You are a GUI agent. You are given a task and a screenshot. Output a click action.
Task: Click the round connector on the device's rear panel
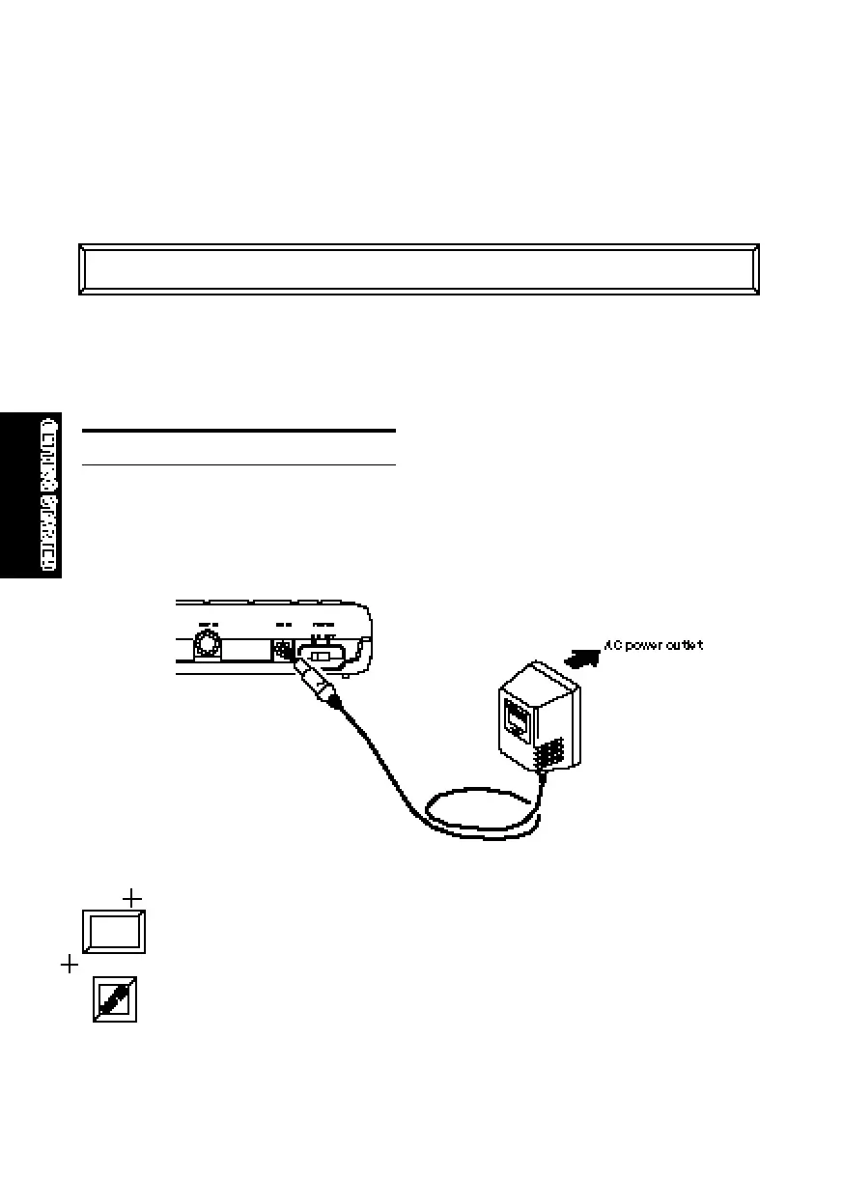(x=206, y=644)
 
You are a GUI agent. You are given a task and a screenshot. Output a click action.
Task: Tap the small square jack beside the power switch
(x=283, y=650)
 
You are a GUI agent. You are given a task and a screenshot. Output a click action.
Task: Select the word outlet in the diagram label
(x=680, y=645)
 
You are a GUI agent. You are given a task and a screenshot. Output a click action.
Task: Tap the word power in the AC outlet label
(x=639, y=645)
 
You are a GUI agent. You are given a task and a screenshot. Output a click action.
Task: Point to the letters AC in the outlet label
(x=610, y=645)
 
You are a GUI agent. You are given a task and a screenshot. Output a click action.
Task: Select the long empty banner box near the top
(x=418, y=269)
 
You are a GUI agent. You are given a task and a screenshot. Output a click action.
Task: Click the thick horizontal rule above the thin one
(x=239, y=431)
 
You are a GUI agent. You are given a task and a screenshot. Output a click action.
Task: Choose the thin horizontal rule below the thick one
(x=239, y=464)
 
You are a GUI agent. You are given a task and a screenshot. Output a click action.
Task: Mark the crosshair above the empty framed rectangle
(x=132, y=899)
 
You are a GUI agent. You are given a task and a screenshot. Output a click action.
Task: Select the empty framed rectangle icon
(x=113, y=932)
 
